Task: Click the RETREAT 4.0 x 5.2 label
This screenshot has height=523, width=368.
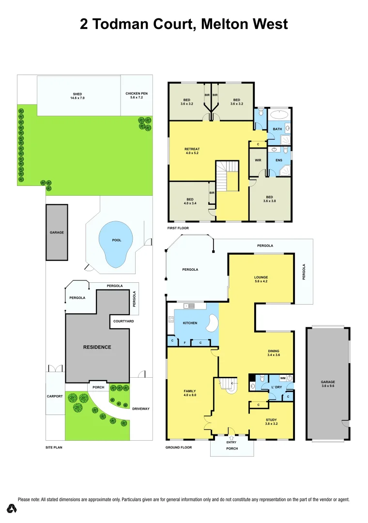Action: [192, 151]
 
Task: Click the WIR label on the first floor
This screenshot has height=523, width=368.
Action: [258, 160]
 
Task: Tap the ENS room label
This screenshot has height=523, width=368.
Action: [279, 160]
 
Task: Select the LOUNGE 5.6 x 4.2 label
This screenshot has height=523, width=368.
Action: [261, 279]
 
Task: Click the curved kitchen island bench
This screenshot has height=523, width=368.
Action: [212, 323]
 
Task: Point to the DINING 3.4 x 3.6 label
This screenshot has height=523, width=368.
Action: [274, 353]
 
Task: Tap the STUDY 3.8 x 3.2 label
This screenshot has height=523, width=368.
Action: [271, 422]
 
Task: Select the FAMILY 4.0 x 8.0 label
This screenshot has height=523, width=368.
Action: [189, 393]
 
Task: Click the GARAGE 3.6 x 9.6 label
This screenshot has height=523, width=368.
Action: [328, 384]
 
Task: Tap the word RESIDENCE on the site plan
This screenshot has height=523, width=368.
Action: [97, 347]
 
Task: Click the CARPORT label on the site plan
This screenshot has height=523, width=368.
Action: [55, 396]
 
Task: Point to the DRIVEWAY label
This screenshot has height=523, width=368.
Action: [141, 409]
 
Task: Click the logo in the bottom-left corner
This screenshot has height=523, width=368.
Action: [12, 509]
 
